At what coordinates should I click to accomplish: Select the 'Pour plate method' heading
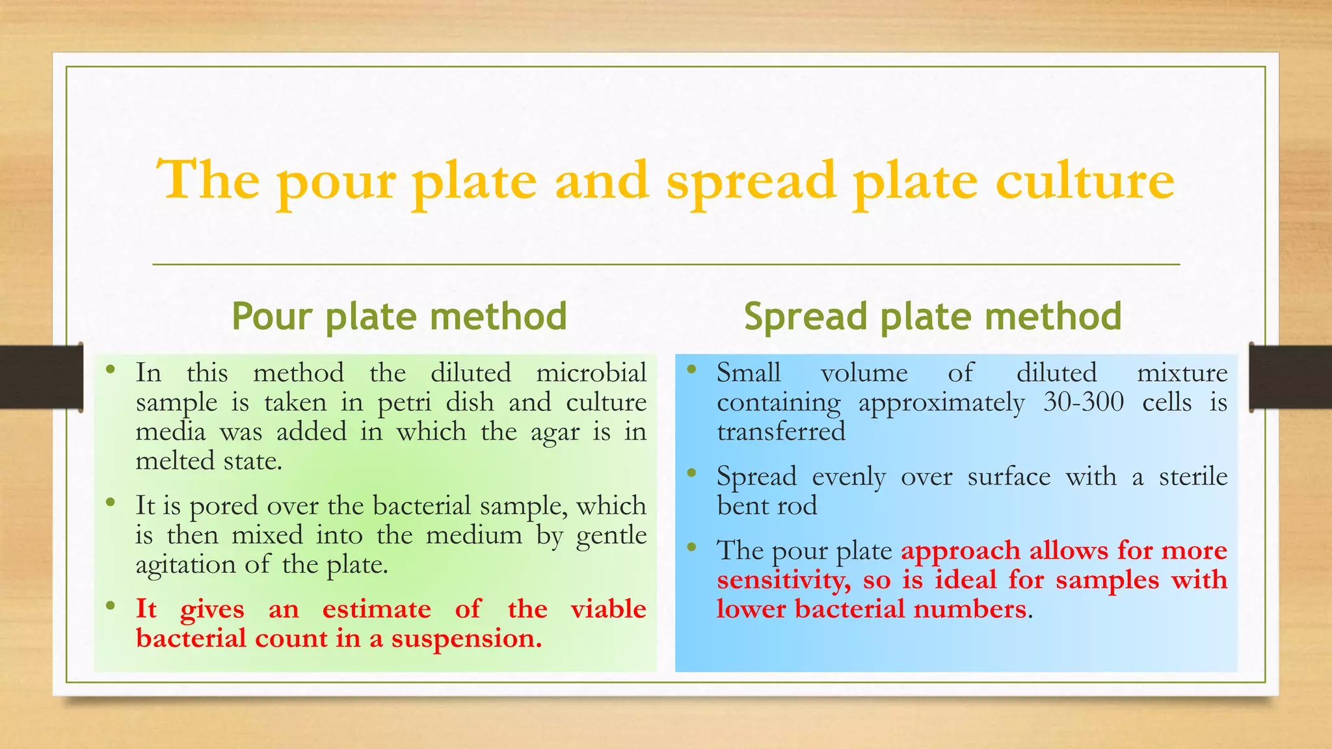399,317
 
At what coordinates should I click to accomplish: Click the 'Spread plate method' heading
933,317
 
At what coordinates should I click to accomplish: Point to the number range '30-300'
1084,402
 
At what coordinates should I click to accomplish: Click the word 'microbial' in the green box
591,373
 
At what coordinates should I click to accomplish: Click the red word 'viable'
608,609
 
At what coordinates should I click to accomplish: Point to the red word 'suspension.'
466,639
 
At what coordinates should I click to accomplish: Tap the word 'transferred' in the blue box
781,432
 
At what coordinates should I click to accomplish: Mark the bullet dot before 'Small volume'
692,371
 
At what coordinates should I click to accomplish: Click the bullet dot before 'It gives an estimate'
111,607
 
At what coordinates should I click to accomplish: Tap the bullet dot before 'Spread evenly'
692,474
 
